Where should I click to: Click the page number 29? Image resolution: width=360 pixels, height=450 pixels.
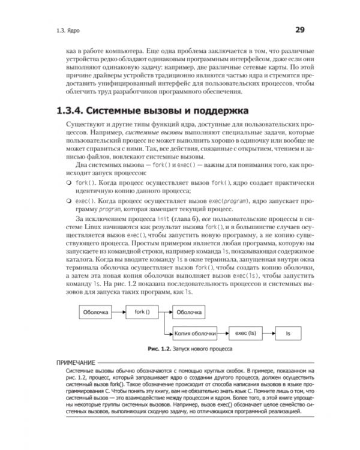(x=300, y=29)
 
